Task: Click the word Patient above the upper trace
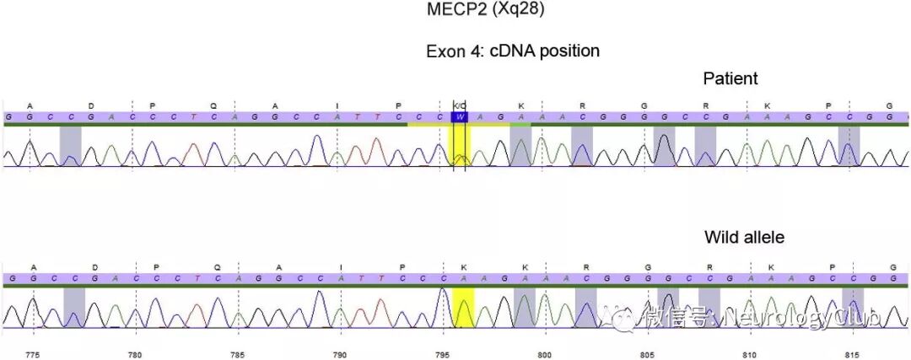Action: coord(730,78)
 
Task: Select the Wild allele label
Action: coord(744,238)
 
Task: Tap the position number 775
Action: coord(33,354)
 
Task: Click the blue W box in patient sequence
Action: coord(460,116)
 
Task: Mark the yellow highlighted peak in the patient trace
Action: coord(460,148)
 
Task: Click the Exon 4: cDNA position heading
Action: coord(512,51)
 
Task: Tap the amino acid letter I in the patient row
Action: coord(337,105)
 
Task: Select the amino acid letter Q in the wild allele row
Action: coord(217,267)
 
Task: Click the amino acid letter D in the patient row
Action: coord(91,105)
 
